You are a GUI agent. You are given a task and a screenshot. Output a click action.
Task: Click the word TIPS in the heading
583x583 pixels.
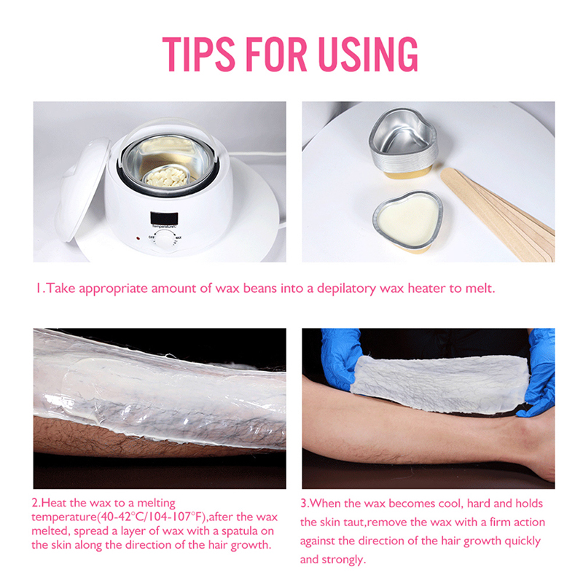199,54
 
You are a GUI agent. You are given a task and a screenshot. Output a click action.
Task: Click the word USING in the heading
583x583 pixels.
368,54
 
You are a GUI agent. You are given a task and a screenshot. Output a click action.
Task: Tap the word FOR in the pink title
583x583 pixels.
276,54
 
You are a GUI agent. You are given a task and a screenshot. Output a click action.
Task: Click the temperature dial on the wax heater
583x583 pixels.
164,240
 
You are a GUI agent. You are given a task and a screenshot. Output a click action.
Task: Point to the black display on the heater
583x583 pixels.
164,218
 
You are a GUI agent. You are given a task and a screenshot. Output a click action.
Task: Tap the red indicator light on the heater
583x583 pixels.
138,238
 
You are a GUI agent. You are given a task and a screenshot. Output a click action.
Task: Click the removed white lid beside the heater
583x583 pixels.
82,189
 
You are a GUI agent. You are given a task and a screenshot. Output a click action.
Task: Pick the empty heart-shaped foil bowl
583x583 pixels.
404,143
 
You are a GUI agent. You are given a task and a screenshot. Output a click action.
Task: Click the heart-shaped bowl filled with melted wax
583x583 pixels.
408,222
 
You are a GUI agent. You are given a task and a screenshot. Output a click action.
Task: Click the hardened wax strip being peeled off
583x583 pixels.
439,384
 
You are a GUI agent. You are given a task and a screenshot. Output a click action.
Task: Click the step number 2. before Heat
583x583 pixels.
36,503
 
